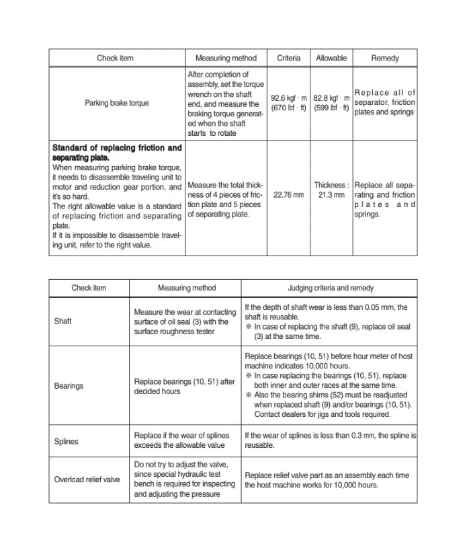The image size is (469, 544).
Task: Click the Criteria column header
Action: pos(288,59)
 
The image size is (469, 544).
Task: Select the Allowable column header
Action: pos(331,59)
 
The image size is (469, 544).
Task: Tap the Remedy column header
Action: pos(384,59)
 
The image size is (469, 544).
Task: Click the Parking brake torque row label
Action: pos(117,103)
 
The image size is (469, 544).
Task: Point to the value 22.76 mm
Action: pos(288,195)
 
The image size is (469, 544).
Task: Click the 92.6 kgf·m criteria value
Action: pos(289,98)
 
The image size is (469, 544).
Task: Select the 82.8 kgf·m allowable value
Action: pos(331,98)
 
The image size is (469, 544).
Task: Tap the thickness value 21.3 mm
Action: pos(331,195)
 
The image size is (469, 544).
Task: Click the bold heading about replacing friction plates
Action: pos(116,152)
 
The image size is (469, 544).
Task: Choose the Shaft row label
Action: pos(62,321)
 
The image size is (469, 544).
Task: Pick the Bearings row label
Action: pos(69,386)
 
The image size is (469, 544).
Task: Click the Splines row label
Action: pos(66,442)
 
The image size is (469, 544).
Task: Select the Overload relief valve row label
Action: pos(87,479)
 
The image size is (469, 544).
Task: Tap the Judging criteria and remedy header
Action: pos(331,288)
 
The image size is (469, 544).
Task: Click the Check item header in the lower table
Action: pos(89,288)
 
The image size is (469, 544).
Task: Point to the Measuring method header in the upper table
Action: pos(226,59)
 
